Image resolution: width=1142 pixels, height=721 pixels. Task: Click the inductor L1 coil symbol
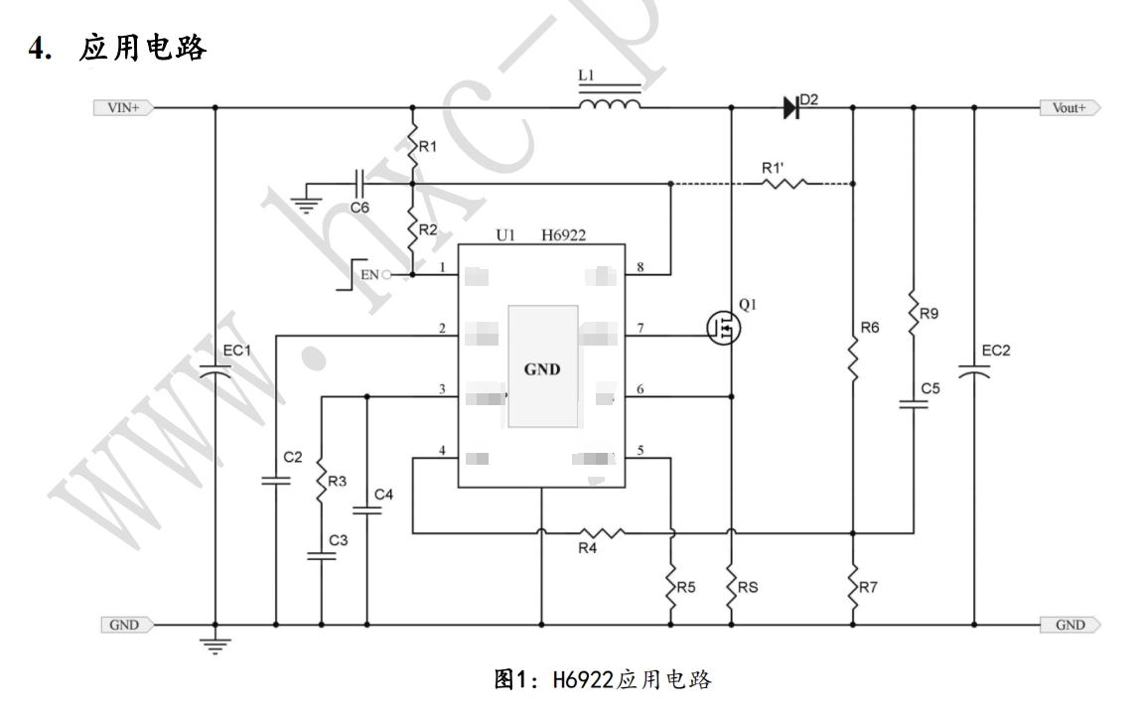click(x=609, y=104)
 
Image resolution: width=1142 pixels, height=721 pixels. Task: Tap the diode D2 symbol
click(x=791, y=107)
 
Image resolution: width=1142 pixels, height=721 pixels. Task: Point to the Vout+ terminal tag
click(x=1069, y=107)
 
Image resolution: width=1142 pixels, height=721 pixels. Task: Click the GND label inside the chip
click(x=542, y=369)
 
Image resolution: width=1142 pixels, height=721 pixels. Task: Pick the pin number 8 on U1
click(x=641, y=267)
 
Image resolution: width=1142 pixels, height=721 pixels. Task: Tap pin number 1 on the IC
click(x=442, y=267)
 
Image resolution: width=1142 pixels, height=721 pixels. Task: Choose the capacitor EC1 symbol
click(x=215, y=372)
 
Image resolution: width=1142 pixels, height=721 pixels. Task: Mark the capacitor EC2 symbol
click(x=973, y=372)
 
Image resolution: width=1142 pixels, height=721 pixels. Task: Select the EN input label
click(x=368, y=274)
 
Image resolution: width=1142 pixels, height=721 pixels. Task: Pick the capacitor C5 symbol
click(x=913, y=404)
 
